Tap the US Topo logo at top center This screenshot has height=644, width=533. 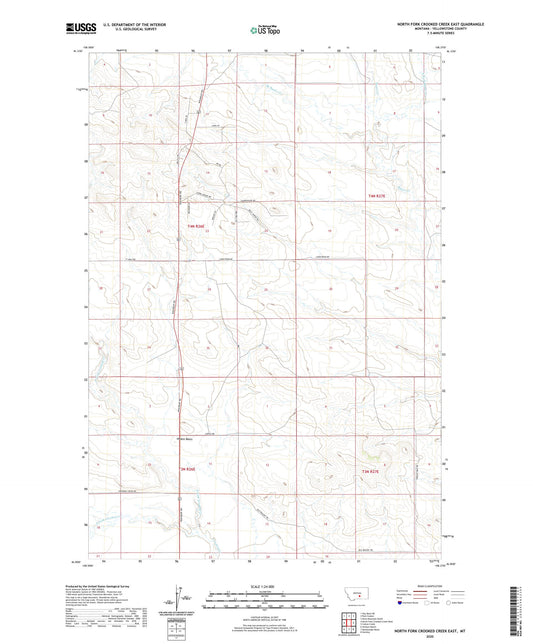click(x=262, y=31)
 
